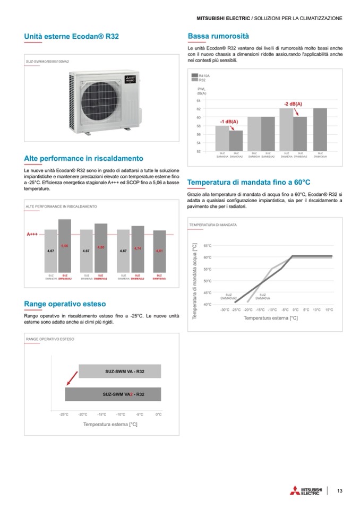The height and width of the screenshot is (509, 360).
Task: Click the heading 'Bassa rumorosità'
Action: point(218,37)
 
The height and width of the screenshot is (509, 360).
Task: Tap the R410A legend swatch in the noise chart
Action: point(194,76)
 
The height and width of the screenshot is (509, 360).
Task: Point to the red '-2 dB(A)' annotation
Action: point(293,103)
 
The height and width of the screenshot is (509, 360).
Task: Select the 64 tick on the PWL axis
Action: point(199,100)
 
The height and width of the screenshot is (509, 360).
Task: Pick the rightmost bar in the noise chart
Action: point(320,130)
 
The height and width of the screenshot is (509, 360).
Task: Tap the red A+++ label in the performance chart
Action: point(32,234)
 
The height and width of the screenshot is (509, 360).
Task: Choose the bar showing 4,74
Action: point(138,249)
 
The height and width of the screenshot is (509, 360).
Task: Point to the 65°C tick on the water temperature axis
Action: point(208,246)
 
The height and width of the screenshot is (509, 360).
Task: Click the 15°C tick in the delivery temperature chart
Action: point(329,309)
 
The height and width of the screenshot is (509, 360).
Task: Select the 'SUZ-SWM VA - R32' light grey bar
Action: point(119,371)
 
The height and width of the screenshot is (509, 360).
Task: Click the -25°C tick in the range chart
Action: point(64,414)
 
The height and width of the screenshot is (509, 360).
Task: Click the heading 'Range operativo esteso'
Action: point(65,304)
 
